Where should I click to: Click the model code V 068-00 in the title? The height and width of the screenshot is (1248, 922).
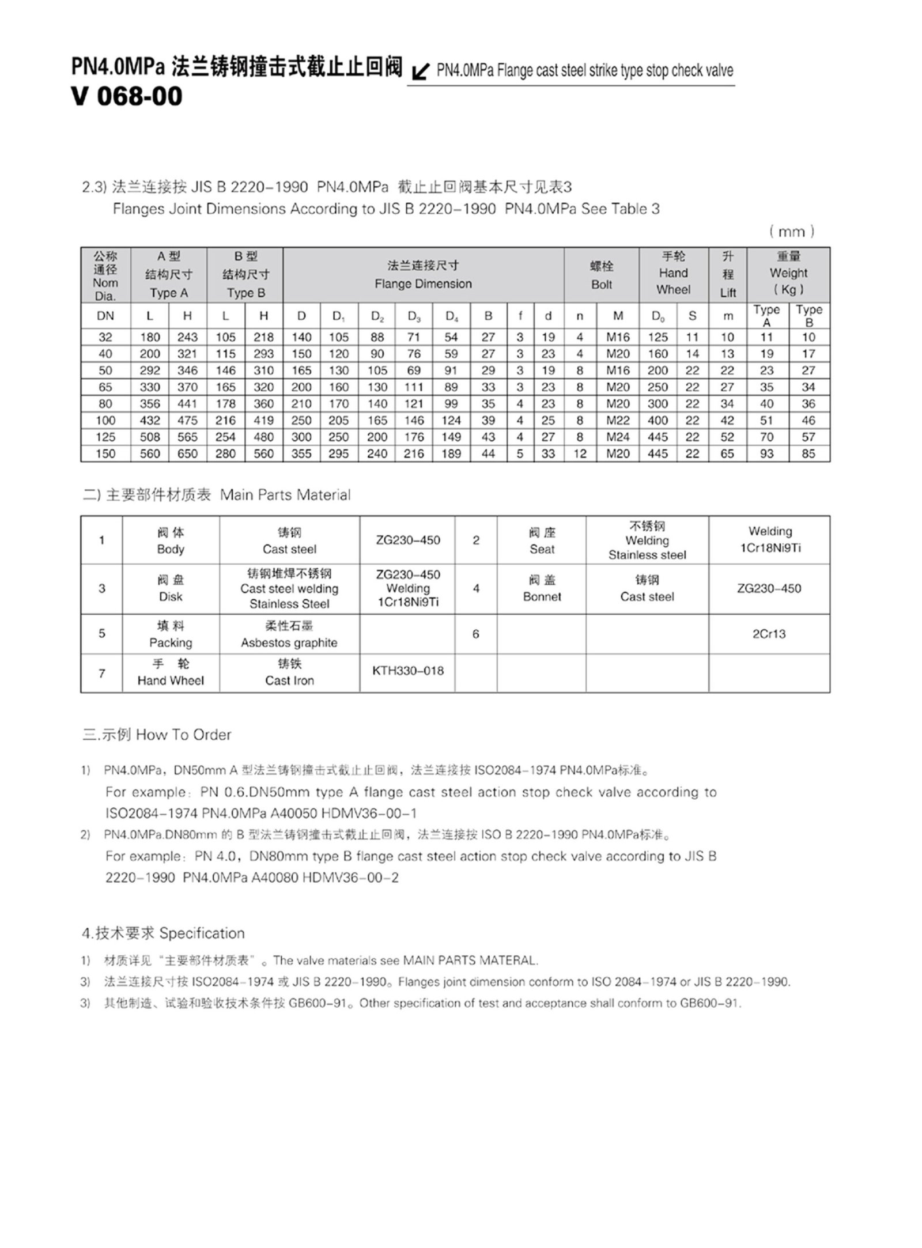pos(127,96)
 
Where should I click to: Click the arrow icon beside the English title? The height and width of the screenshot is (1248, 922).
pos(421,71)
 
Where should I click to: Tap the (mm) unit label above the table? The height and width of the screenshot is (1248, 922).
pos(791,232)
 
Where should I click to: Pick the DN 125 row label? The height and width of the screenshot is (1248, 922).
pos(105,437)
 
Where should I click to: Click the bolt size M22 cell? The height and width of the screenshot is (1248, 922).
pos(618,420)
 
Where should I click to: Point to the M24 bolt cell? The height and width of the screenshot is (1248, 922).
pos(618,437)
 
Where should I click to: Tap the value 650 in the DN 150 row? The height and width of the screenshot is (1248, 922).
pos(187,453)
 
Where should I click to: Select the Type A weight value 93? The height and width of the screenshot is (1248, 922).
pos(766,453)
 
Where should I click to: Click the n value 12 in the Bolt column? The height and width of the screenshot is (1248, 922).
pos(580,453)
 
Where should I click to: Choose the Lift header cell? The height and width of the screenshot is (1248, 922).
pos(728,275)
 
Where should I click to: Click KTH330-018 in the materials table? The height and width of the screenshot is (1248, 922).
pos(408,671)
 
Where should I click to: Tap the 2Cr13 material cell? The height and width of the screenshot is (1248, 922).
pos(769,634)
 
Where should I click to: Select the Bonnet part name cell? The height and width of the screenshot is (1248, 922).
pos(542,588)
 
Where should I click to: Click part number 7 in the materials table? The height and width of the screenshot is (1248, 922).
pos(102,673)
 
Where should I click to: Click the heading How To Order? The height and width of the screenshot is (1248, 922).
pos(183,735)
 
